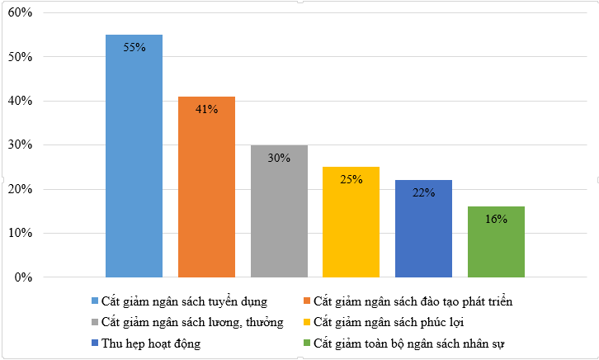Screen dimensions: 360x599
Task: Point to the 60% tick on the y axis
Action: pos(20,14)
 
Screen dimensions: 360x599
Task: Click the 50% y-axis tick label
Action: pos(20,58)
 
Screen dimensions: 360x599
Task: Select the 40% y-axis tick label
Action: pos(20,102)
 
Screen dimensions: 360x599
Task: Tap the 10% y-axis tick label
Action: pos(20,234)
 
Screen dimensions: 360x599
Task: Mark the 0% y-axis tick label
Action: pos(22,277)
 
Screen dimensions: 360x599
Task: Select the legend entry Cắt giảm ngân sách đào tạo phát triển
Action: pos(413,301)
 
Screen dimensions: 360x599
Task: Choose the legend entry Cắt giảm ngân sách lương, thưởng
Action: pos(192,321)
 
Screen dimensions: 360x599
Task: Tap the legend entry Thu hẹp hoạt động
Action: pos(153,342)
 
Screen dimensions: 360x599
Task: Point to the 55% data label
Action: pos(134,48)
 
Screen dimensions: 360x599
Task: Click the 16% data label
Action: pos(496,220)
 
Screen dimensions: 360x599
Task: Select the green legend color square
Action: pos(307,342)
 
